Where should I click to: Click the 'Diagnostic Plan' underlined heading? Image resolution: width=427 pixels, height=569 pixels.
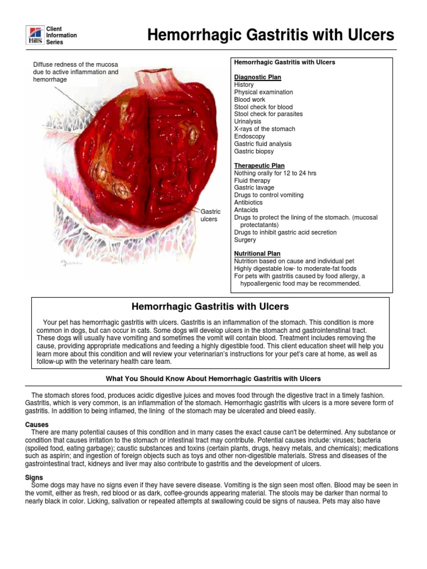click(x=257, y=77)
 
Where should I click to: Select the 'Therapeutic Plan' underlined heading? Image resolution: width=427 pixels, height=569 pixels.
click(x=259, y=166)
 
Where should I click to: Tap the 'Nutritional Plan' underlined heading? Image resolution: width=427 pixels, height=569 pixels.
click(x=257, y=253)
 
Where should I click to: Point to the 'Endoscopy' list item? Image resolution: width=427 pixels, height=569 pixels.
click(x=250, y=136)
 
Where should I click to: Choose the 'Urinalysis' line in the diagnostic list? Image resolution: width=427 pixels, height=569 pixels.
click(x=250, y=121)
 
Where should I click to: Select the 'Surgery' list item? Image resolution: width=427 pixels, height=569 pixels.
click(x=245, y=240)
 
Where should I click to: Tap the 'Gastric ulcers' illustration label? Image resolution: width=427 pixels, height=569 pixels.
click(x=210, y=215)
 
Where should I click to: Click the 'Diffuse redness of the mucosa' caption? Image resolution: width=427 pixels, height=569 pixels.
click(x=76, y=72)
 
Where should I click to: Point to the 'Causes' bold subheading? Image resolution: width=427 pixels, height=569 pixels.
click(x=37, y=425)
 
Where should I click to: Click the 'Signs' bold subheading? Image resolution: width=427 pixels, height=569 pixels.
click(x=34, y=477)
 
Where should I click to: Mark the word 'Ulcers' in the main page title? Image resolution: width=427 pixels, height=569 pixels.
click(x=369, y=35)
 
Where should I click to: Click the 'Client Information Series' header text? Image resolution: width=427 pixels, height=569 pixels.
click(x=61, y=35)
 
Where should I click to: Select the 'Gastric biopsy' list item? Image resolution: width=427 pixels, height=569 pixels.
click(x=254, y=151)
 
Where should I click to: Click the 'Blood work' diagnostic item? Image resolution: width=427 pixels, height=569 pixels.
click(x=250, y=99)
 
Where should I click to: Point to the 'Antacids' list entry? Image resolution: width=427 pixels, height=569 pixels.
click(x=246, y=210)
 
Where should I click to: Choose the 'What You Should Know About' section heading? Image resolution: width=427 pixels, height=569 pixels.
click(x=213, y=378)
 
